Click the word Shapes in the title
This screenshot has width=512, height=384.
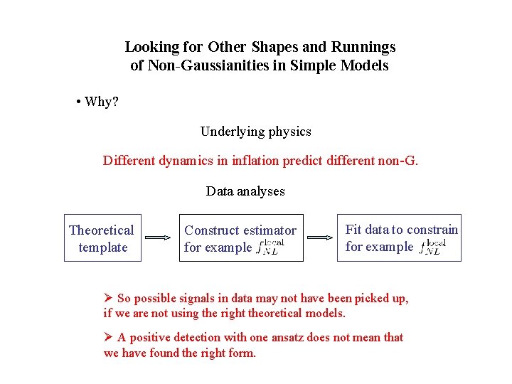tap(272, 48)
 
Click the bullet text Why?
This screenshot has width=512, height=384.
tap(101, 102)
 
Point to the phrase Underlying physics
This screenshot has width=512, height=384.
tap(256, 132)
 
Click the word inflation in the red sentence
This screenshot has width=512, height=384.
tap(253, 161)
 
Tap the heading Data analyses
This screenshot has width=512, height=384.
tap(245, 191)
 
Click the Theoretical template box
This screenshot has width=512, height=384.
tap(101, 238)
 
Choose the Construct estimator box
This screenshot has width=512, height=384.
tap(240, 238)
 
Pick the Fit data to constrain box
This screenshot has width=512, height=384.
tap(399, 238)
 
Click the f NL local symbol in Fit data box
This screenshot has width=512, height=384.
tap(432, 247)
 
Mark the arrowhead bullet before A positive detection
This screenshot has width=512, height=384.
tap(109, 337)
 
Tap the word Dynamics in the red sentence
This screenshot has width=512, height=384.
tap(185, 161)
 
